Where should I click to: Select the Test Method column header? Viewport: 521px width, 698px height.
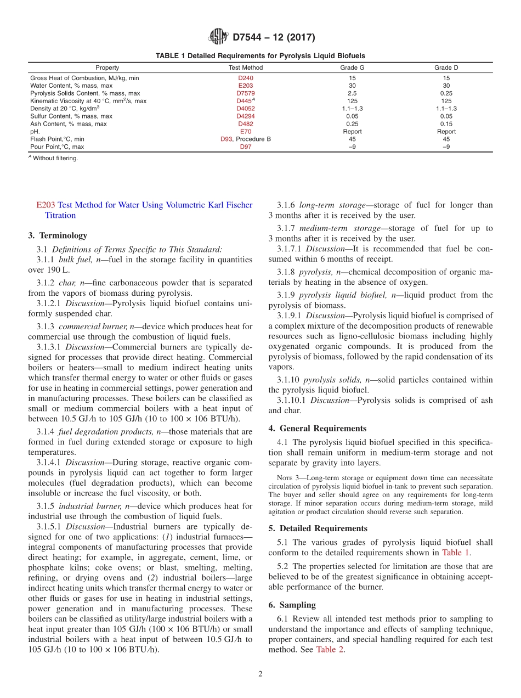click(x=245, y=67)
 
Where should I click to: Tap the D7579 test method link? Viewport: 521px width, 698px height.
click(x=245, y=93)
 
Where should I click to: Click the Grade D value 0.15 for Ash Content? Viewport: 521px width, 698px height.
click(x=446, y=124)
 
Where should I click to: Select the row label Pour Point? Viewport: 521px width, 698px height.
click(x=57, y=147)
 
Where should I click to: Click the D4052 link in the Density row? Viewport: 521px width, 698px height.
click(x=245, y=109)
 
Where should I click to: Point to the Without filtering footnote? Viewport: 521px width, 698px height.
click(x=55, y=158)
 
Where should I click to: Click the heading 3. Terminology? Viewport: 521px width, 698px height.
click(x=57, y=235)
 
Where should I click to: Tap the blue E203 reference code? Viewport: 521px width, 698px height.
click(x=46, y=205)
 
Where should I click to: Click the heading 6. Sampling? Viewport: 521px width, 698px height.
click(x=292, y=605)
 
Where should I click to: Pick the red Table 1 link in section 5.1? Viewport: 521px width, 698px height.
click(x=455, y=553)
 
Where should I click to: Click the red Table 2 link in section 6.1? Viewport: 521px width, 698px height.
click(x=330, y=650)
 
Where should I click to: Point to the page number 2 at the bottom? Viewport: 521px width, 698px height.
click(x=260, y=674)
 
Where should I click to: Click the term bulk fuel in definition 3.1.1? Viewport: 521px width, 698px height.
click(x=74, y=260)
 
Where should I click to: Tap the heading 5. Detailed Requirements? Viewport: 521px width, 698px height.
click(x=318, y=528)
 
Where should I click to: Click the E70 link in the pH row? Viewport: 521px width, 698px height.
click(x=245, y=132)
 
